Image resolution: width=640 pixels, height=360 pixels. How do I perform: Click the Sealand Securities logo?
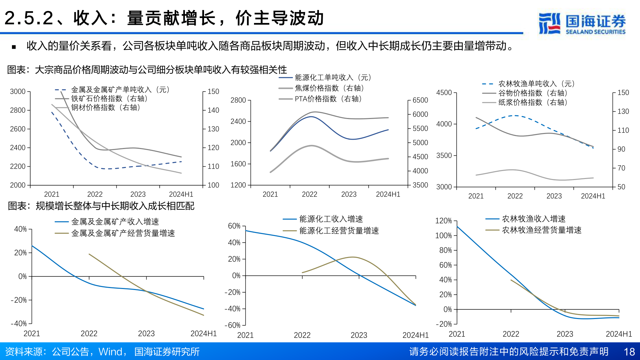coord(582,23)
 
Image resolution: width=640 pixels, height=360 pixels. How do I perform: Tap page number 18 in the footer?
coord(629,352)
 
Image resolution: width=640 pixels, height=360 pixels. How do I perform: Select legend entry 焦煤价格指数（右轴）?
coord(329,88)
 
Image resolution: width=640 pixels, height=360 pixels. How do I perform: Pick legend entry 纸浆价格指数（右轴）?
coord(532,102)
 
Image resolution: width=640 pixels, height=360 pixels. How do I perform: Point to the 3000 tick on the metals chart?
coord(18,92)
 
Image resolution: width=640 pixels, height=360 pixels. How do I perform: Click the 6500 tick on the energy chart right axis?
coord(420,100)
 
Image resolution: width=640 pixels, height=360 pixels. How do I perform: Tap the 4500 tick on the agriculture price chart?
coord(444,93)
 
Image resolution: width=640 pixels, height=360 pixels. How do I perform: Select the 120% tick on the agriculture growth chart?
coord(443,221)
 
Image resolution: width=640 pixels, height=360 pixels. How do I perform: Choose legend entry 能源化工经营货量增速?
coord(339,231)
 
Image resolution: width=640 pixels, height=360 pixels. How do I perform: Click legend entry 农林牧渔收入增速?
coord(533,219)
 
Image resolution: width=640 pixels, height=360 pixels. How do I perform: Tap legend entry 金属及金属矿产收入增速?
coord(115,222)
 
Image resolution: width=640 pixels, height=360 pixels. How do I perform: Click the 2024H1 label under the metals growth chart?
coord(203,334)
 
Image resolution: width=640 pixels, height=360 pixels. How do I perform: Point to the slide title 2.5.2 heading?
coord(164,18)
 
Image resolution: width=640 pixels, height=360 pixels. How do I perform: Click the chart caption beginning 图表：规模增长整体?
coord(101,206)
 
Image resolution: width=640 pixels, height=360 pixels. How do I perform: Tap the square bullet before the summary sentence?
coord(14,47)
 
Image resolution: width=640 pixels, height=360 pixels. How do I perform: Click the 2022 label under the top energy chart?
coord(309,194)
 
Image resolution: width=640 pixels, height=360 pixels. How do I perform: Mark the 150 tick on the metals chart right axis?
coord(213,92)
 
